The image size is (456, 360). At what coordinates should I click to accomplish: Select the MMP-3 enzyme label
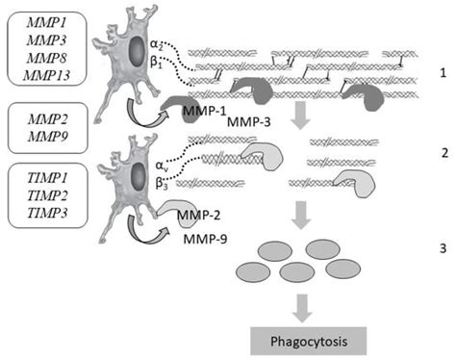tap(246, 123)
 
